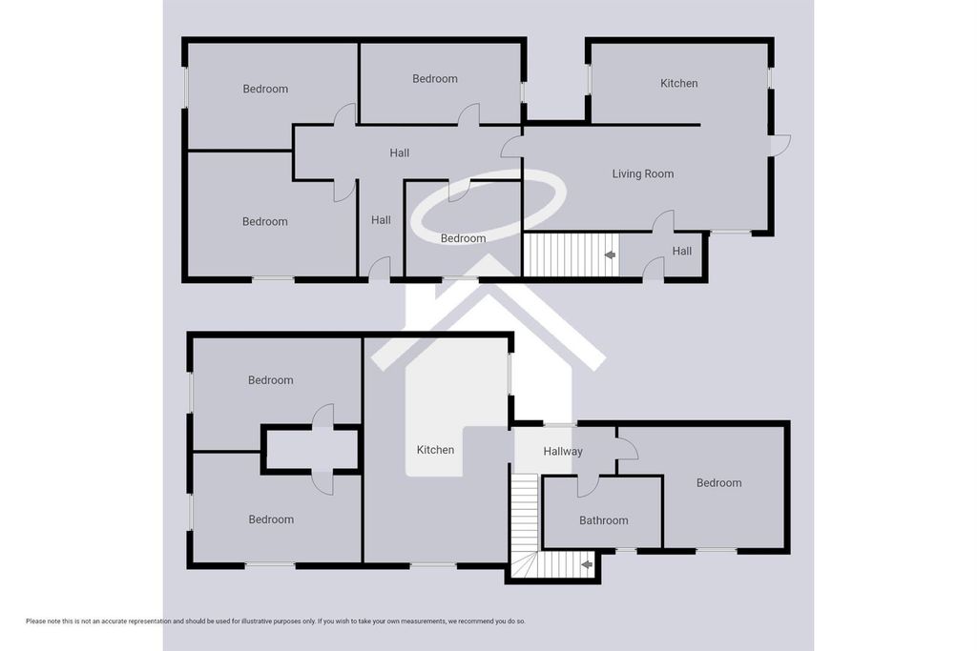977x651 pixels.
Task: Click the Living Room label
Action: [642, 173]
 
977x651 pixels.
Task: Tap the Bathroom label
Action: [603, 520]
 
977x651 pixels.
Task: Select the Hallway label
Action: [563, 451]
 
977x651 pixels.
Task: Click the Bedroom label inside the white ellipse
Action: [463, 238]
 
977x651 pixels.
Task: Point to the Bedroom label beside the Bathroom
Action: [718, 482]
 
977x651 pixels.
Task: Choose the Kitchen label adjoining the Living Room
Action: [678, 83]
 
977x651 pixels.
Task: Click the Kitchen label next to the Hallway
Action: [435, 449]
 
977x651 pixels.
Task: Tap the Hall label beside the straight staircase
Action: [681, 251]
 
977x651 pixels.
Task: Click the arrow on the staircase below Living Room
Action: [610, 254]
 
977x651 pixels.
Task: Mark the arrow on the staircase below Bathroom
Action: [587, 565]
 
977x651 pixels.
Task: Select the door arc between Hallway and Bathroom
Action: [588, 486]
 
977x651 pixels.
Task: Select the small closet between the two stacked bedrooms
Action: [311, 449]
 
